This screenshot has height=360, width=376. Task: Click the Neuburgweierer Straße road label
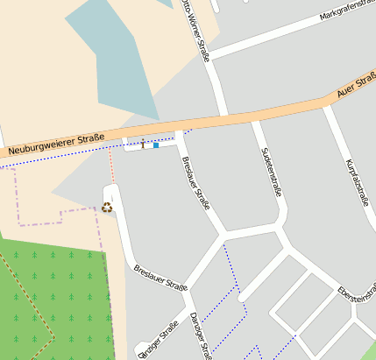click(54, 145)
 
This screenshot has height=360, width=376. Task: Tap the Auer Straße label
click(356, 86)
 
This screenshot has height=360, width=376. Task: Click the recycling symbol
click(107, 208)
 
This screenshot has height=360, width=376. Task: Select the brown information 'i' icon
click(143, 144)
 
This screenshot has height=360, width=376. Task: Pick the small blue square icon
click(156, 145)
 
